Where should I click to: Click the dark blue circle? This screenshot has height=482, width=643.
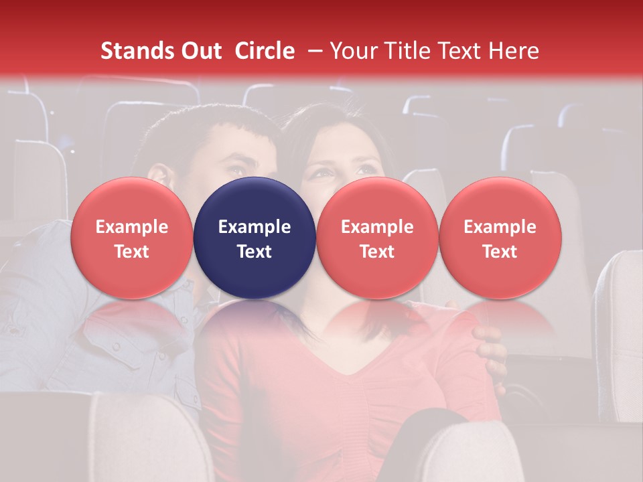pyautogui.click(x=255, y=238)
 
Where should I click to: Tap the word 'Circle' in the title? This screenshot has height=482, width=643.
pyautogui.click(x=265, y=51)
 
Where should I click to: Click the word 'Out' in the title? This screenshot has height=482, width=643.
pyautogui.click(x=199, y=51)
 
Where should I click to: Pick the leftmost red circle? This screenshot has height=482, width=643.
pyautogui.click(x=132, y=238)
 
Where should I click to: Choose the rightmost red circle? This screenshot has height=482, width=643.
pyautogui.click(x=500, y=238)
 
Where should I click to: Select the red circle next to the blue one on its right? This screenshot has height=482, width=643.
pyautogui.click(x=377, y=238)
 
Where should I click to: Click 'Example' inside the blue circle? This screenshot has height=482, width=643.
pyautogui.click(x=255, y=227)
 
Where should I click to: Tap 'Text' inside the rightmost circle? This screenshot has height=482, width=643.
pyautogui.click(x=500, y=252)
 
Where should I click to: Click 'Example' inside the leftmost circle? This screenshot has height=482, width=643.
pyautogui.click(x=132, y=227)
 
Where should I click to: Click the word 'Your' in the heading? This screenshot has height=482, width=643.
pyautogui.click(x=352, y=51)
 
